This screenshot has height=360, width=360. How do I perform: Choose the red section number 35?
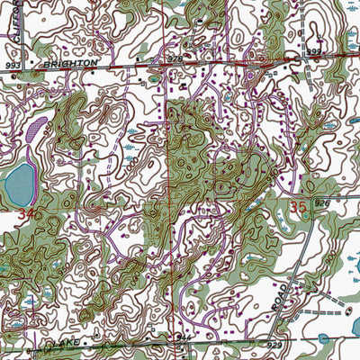[x=301, y=207]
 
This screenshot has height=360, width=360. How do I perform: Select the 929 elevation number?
[x=275, y=346]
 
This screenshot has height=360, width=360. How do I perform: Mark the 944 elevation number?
[x=187, y=335]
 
